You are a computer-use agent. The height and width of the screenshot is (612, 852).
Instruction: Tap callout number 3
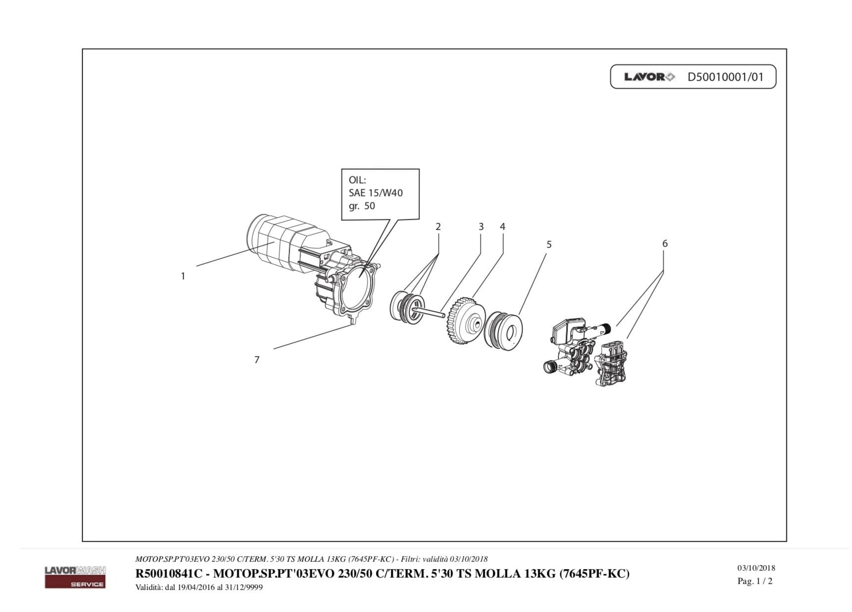click(481, 227)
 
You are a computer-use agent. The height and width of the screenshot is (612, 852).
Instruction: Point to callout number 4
click(503, 227)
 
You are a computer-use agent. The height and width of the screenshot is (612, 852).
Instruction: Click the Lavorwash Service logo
click(75, 577)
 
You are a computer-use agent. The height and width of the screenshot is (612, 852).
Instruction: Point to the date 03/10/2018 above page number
click(756, 568)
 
